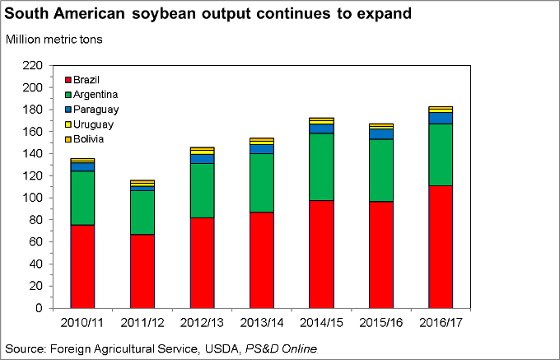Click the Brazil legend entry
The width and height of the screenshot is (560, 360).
(86, 80)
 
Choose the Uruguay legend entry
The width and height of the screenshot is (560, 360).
(91, 124)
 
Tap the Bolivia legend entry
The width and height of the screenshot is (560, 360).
(88, 139)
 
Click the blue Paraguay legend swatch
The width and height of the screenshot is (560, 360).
(68, 110)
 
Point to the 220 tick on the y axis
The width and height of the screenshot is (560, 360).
(32, 65)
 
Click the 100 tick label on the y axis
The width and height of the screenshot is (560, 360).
(32, 198)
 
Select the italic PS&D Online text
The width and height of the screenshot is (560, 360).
(276, 348)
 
